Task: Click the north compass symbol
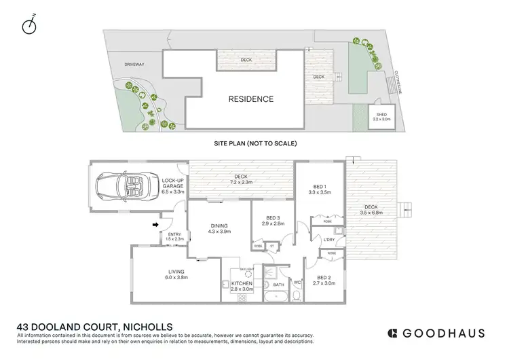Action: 29,26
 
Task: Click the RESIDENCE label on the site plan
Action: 250,99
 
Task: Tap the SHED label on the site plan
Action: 381,115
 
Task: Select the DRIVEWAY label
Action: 134,65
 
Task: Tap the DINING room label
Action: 219,226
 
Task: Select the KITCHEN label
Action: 242,283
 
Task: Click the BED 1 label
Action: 320,187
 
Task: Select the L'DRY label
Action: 329,240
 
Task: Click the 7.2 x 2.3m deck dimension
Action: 242,182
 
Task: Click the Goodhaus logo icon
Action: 392,333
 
